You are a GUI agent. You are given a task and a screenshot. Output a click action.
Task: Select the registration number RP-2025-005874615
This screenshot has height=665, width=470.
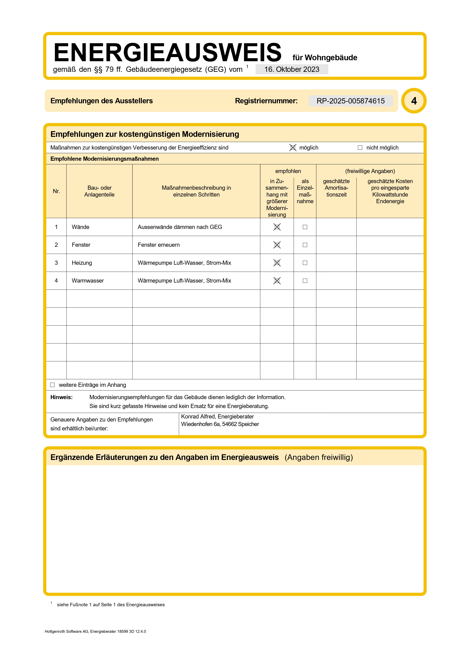point(350,101)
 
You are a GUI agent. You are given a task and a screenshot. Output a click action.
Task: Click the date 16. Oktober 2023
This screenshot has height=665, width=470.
point(292,70)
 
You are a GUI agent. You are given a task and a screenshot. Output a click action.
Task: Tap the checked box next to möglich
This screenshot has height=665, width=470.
point(293,148)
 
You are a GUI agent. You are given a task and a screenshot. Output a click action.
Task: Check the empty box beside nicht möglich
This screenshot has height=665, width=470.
point(360,148)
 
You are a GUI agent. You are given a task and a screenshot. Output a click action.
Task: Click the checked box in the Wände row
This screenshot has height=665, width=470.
point(277,227)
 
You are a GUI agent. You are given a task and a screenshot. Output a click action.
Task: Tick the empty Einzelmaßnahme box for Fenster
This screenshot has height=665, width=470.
point(305,245)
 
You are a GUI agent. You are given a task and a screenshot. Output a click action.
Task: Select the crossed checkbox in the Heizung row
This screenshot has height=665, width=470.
point(277,263)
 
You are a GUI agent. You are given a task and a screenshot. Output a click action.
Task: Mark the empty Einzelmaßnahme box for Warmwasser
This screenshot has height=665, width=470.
point(305,281)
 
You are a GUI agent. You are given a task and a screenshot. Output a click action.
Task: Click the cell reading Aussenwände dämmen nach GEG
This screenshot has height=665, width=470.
point(180,227)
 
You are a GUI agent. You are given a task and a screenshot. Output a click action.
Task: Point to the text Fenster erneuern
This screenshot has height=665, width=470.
point(159,245)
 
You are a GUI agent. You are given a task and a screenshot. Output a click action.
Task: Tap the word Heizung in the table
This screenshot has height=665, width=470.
point(82,263)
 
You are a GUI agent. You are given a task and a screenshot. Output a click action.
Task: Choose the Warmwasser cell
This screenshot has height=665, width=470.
point(88,281)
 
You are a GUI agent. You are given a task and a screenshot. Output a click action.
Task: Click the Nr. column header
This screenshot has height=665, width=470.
point(56,191)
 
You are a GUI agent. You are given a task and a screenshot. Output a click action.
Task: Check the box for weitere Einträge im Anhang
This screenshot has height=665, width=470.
point(52,385)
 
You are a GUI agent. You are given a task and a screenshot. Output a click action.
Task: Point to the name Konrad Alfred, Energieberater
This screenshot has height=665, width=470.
point(218,417)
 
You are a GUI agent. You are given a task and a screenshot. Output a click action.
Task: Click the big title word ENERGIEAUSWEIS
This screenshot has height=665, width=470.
point(167,53)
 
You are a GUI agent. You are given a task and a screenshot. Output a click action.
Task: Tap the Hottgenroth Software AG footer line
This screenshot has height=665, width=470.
point(95,631)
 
